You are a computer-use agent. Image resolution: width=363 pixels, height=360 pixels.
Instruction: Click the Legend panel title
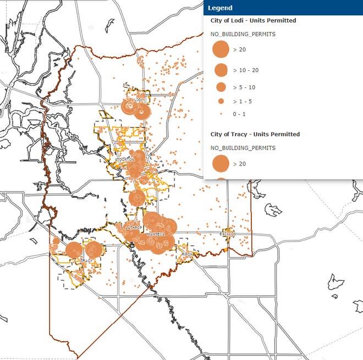click(x=220, y=8)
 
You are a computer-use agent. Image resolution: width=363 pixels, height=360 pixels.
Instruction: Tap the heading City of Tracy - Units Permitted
click(x=255, y=134)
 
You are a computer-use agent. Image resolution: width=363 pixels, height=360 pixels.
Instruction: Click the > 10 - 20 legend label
click(x=246, y=70)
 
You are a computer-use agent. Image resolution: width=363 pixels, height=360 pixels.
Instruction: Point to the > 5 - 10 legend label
click(x=244, y=87)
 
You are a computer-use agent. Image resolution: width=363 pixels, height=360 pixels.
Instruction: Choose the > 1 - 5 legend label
click(x=242, y=102)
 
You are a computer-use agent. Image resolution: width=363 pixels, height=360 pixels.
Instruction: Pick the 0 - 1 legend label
click(x=240, y=114)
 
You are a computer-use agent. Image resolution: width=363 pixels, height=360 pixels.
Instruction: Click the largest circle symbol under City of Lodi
click(x=221, y=49)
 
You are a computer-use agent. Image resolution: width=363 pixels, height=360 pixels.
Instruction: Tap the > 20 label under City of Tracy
click(x=239, y=164)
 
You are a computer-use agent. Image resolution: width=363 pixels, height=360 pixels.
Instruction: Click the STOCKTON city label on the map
click(x=125, y=159)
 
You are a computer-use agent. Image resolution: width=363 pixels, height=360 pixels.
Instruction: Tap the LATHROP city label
click(x=134, y=226)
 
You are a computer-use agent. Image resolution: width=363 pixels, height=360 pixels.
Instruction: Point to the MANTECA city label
click(x=156, y=234)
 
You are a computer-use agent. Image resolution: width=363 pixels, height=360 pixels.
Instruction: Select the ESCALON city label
click(x=228, y=234)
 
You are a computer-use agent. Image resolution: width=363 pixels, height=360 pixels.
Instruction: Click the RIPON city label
click(x=189, y=254)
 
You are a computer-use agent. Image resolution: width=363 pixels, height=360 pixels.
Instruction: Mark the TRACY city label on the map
click(x=87, y=260)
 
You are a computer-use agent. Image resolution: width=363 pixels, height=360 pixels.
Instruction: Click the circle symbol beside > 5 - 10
click(x=221, y=87)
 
